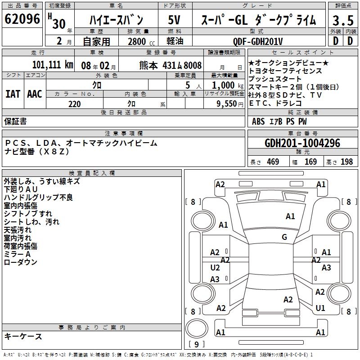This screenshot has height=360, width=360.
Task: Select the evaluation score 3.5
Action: coord(342,21)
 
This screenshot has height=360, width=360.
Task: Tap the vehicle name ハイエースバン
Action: coord(116,20)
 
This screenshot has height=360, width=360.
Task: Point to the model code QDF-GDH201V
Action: coord(258,41)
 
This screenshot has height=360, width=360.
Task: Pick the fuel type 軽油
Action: coord(175,41)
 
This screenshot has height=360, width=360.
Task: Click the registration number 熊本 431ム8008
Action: coord(171,65)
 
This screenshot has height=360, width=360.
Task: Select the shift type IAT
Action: coord(13,93)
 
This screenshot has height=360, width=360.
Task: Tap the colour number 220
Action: coord(74,104)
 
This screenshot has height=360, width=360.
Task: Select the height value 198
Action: coord(346,162)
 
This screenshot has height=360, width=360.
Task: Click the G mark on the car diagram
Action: coord(284,237)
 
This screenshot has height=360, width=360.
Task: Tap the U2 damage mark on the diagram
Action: coord(215,267)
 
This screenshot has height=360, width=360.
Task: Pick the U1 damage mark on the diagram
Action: coord(320,308)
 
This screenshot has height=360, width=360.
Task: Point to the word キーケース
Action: coord(23,336)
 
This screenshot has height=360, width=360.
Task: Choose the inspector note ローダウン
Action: coord(20,262)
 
